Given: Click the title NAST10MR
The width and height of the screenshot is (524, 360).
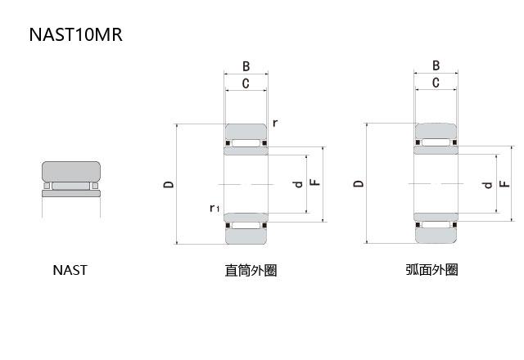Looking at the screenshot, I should (75, 35).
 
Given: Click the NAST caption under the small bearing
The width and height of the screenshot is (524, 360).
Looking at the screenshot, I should (70, 270).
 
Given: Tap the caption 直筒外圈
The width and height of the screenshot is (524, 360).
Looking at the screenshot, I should (251, 270).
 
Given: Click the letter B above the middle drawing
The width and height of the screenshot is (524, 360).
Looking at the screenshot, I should (246, 66).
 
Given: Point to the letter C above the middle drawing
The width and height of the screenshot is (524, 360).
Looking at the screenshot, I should (246, 83).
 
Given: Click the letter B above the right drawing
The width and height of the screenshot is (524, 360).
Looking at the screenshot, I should (436, 66).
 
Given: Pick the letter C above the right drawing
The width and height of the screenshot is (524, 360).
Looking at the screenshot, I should (436, 83).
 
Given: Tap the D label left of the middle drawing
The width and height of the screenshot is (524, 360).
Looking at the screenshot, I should (168, 185).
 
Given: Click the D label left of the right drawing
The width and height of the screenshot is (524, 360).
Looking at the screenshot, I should (358, 185).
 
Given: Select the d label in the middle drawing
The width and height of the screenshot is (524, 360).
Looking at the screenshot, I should (298, 184).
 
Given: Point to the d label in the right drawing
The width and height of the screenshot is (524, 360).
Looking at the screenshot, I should (488, 184).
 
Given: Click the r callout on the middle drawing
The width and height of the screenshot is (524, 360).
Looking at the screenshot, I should (275, 123).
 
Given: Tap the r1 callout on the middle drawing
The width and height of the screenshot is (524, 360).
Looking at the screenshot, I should (214, 209).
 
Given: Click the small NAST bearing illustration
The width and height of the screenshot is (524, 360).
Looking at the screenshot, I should (70, 180).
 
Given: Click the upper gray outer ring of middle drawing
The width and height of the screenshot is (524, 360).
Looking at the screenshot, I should (246, 133).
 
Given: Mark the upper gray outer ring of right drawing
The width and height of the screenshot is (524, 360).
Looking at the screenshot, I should (436, 133).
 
